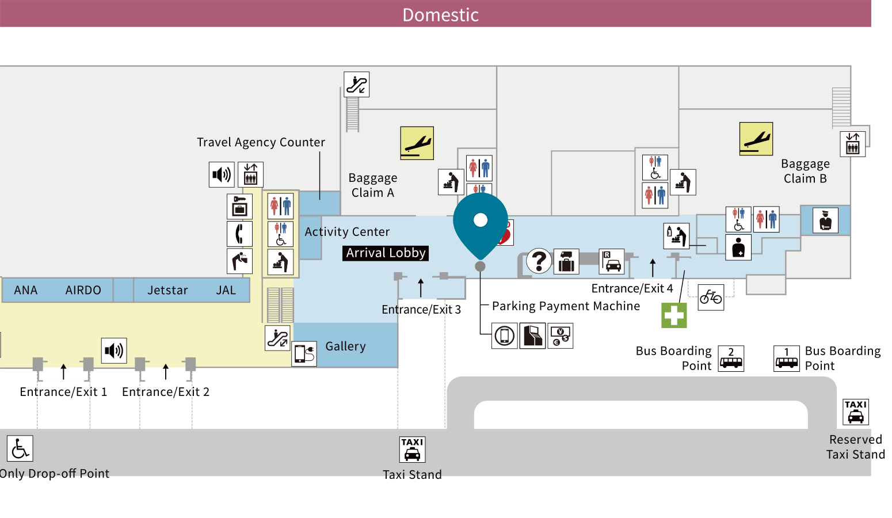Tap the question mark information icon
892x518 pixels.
pyautogui.click(x=539, y=261)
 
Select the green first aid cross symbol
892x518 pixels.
pyautogui.click(x=674, y=315)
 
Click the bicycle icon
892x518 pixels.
pyautogui.click(x=711, y=297)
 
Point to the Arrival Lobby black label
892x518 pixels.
pyautogui.click(x=386, y=253)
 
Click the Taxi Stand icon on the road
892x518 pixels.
pyautogui.click(x=412, y=450)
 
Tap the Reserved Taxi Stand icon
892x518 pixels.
pyautogui.click(x=856, y=412)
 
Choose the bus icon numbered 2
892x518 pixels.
pyautogui.click(x=731, y=359)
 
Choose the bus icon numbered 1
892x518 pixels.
pyautogui.click(x=787, y=359)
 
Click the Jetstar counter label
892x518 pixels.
pyautogui.click(x=167, y=290)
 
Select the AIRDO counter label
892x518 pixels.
pyautogui.click(x=83, y=290)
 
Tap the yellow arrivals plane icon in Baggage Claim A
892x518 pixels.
pyautogui.click(x=417, y=143)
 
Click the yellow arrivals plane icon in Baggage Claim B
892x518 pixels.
pyautogui.click(x=756, y=139)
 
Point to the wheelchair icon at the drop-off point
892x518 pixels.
pyautogui.click(x=20, y=448)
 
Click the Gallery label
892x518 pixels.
pyautogui.click(x=346, y=346)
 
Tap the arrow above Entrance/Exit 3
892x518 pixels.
pyautogui.click(x=421, y=288)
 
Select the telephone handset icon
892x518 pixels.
pyautogui.click(x=239, y=234)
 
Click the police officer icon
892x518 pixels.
pyautogui.click(x=825, y=220)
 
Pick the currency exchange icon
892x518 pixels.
pyautogui.click(x=561, y=336)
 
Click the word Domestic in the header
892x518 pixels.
pyautogui.click(x=440, y=15)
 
